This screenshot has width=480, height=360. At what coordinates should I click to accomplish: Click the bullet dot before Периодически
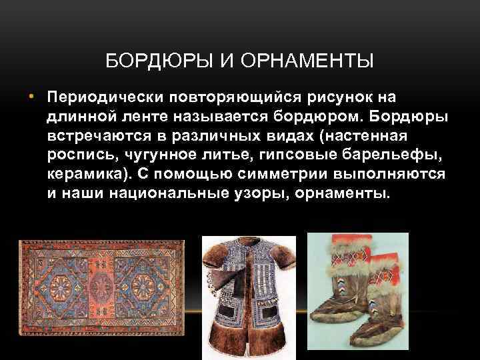(31, 98)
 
